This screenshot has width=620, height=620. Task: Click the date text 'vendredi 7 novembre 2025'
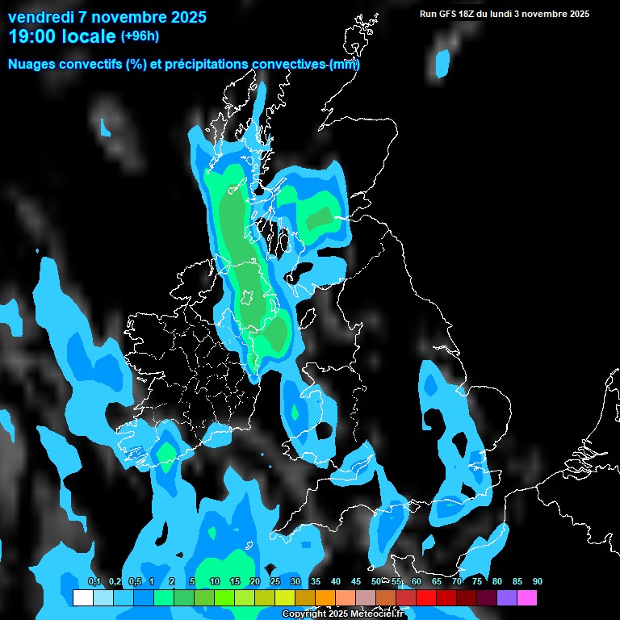point(107,17)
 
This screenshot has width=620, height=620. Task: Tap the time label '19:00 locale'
point(62,36)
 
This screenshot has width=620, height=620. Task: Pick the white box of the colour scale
point(82,598)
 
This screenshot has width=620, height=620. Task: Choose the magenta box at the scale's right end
point(527,598)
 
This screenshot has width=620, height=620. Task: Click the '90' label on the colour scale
point(538,581)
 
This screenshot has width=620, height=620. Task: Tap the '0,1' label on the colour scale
point(94,581)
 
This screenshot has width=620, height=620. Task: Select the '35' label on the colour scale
point(315,581)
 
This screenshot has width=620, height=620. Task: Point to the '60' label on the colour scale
point(417,581)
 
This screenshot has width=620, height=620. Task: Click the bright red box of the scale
point(426,598)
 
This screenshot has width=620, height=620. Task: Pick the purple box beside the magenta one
point(507,598)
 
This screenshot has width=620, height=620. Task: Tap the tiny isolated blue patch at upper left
point(105,127)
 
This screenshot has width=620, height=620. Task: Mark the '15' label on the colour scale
point(234,581)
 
